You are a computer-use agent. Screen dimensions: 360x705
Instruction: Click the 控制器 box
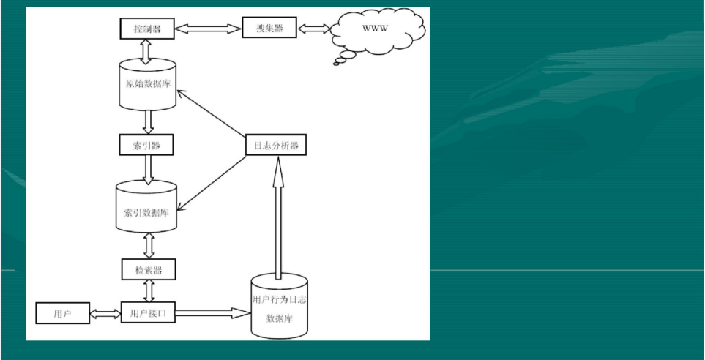pyautogui.click(x=146, y=29)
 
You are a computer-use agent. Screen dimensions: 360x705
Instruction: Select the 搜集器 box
pyautogui.click(x=270, y=29)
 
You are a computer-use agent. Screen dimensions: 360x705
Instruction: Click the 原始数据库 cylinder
pyautogui.click(x=147, y=84)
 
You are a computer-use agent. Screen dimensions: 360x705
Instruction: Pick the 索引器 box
pyautogui.click(x=146, y=145)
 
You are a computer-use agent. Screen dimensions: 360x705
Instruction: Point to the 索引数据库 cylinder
pyautogui.click(x=146, y=207)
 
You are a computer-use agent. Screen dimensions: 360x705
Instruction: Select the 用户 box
pyautogui.click(x=61, y=313)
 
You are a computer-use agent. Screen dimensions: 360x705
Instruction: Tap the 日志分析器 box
pyautogui.click(x=275, y=146)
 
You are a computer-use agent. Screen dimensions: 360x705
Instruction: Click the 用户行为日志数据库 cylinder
pyautogui.click(x=278, y=307)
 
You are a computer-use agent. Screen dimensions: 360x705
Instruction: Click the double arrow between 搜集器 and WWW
pyautogui.click(x=314, y=29)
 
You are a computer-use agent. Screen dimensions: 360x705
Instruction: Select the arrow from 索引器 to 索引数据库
pyautogui.click(x=147, y=168)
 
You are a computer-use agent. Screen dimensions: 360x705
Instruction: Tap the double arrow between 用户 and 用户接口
pyautogui.click(x=105, y=314)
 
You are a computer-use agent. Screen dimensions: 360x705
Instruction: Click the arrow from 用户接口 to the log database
pyautogui.click(x=213, y=313)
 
